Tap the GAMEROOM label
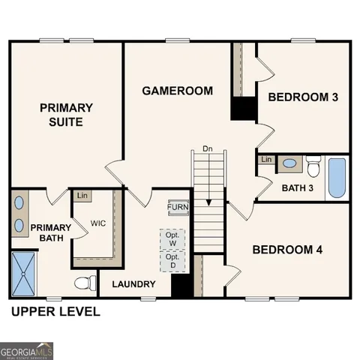click(178, 91)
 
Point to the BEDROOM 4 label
click(287, 250)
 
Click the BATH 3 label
click(298, 187)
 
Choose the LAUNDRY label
click(133, 284)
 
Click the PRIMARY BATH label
click(50, 233)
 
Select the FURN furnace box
click(178, 208)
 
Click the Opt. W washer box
click(172, 238)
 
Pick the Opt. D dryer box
click(172, 260)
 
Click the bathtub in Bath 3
click(337, 178)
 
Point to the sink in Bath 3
click(289, 163)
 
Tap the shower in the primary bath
click(23, 274)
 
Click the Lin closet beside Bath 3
click(266, 160)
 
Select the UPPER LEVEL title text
click(55, 311)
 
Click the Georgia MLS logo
click(27, 350)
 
